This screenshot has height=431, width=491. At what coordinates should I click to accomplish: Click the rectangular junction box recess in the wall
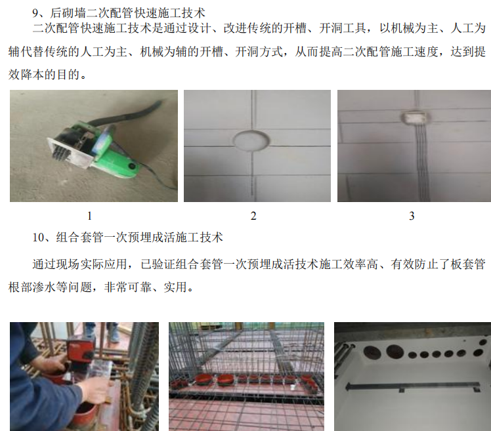[416, 118]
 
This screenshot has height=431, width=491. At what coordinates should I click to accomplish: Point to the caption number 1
[89, 216]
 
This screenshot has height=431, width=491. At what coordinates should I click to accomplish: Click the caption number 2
[253, 216]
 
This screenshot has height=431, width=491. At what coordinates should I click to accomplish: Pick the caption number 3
[412, 216]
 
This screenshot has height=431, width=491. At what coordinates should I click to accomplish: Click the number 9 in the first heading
[35, 13]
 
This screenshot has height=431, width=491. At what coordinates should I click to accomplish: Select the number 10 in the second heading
[39, 237]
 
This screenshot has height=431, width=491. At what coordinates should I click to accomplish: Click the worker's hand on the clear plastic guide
[95, 388]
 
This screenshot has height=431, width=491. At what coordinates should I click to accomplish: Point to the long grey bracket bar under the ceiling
[413, 386]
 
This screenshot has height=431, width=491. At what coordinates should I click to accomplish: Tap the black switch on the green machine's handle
[132, 165]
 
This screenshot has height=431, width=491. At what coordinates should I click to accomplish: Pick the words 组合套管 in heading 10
[80, 237]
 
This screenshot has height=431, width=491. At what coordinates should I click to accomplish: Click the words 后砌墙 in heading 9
[68, 13]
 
